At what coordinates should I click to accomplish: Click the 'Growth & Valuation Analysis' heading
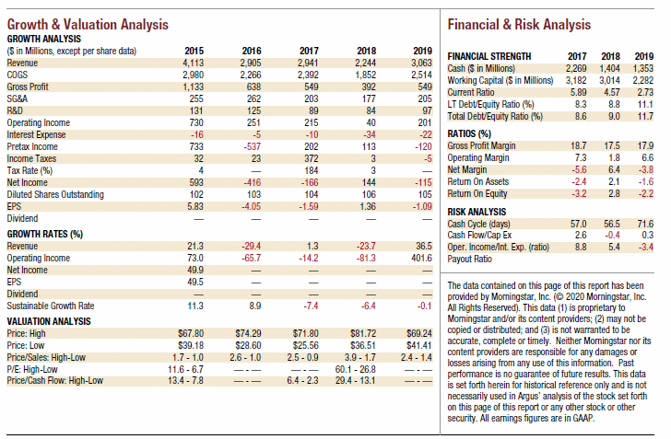[x=88, y=24]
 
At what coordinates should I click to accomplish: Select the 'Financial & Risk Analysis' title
[x=519, y=24]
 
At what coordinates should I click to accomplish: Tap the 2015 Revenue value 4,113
[x=194, y=63]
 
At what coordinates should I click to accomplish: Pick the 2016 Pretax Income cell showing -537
[x=252, y=146]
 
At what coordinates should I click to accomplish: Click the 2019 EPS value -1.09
[x=422, y=206]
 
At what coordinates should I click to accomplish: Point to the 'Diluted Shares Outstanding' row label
[x=55, y=194]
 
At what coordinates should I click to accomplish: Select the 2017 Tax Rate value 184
[x=312, y=170]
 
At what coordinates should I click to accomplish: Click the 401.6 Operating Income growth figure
[x=421, y=259]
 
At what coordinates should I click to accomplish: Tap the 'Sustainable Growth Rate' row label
[x=51, y=306]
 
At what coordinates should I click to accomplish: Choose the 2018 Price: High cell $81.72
[x=363, y=333]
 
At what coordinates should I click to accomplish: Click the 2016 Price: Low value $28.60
[x=248, y=345]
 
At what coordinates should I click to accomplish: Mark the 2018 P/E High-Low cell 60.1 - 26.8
[x=355, y=369]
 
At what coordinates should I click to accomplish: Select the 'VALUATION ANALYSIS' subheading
[x=49, y=321]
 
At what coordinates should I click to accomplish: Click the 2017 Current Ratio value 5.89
[x=578, y=92]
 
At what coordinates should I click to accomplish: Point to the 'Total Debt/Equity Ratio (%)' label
[x=495, y=116]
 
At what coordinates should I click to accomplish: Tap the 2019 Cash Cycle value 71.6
[x=645, y=224]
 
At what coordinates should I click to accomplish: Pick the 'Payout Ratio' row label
[x=470, y=259]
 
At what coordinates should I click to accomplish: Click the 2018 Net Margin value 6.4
[x=614, y=169]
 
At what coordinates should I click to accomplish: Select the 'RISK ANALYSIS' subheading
[x=477, y=212]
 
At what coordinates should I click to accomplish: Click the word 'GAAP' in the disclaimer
[x=583, y=418]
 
